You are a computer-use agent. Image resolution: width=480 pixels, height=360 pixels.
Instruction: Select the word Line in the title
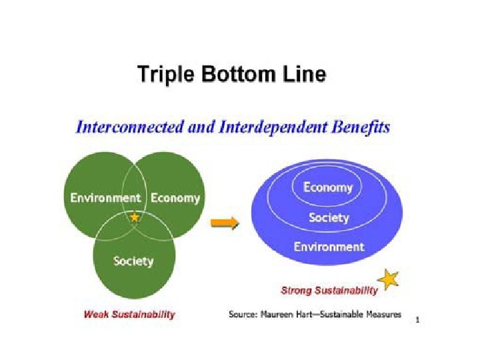[303, 73]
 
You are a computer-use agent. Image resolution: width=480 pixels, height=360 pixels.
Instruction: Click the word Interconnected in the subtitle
[125, 127]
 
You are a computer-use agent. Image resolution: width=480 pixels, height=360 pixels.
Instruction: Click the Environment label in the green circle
[105, 198]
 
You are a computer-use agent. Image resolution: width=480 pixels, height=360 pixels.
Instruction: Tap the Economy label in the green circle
[175, 198]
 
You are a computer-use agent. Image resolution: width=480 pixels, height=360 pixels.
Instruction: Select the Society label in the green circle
[133, 261]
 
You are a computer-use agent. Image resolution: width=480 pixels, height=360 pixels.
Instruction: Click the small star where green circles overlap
[135, 217]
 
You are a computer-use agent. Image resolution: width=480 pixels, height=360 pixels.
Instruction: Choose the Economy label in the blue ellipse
[327, 187]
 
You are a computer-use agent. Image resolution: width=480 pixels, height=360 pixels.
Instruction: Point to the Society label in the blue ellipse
[329, 217]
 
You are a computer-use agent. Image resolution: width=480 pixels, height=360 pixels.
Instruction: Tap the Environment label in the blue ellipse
[329, 247]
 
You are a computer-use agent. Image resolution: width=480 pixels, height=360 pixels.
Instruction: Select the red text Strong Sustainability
[329, 291]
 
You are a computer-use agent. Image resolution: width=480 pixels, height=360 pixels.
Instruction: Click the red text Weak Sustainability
[129, 315]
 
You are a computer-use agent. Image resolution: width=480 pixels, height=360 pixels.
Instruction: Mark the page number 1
[417, 321]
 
